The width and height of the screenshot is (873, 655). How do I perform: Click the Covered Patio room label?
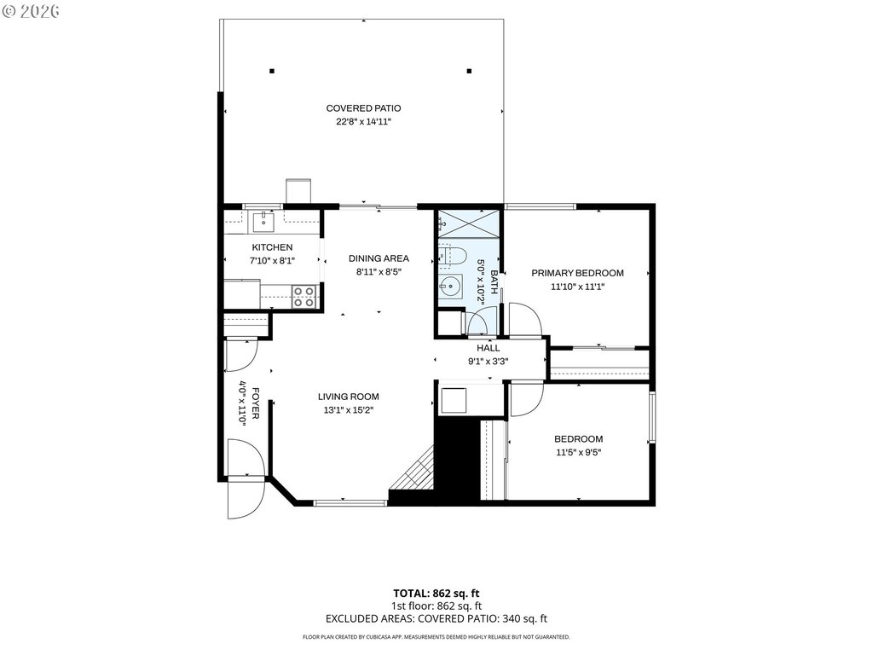363,108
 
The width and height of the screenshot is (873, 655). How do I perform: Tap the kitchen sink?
263,222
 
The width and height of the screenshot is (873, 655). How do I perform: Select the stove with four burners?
304,296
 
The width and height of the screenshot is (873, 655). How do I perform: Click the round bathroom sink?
450,287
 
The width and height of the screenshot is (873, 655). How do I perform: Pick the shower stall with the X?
469,224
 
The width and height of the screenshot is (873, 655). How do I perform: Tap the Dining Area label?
379,258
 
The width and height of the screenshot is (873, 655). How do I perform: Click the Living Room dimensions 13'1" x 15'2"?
349,410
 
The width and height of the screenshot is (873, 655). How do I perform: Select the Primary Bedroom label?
577,273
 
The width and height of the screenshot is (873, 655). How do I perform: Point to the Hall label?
488,348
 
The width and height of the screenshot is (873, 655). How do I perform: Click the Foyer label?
256,403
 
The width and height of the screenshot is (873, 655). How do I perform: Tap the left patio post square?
272,71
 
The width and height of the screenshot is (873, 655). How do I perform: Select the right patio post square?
470,71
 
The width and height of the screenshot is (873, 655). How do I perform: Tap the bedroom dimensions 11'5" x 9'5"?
579,453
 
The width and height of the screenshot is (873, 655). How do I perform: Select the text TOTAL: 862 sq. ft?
436,594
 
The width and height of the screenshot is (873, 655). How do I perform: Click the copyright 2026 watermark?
31,11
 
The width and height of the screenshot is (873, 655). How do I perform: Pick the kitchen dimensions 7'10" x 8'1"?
272,260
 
